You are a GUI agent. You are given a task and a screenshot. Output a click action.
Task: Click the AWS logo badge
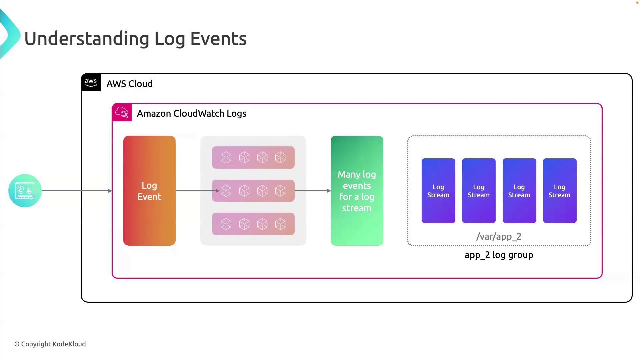pyautogui.click(x=91, y=82)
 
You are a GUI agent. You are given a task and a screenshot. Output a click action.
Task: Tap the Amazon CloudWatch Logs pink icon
pyautogui.click(x=122, y=113)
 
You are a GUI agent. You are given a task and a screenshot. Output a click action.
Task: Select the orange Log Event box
pyautogui.click(x=149, y=191)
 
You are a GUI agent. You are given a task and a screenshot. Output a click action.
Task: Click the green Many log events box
pyautogui.click(x=357, y=191)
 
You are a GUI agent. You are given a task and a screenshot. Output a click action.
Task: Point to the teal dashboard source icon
pyautogui.click(x=25, y=191)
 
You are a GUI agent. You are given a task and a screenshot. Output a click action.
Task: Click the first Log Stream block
pyautogui.click(x=438, y=191)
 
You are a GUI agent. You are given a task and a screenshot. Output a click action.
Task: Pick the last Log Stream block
pyautogui.click(x=560, y=191)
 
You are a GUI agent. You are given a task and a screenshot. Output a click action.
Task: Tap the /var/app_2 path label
pyautogui.click(x=499, y=237)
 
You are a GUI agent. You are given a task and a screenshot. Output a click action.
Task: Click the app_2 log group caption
pyautogui.click(x=499, y=255)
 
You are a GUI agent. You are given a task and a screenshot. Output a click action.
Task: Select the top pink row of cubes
pyautogui.click(x=253, y=157)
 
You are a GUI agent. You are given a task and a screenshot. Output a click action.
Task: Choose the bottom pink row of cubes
pyautogui.click(x=253, y=224)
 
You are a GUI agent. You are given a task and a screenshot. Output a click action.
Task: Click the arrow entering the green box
pyautogui.click(x=313, y=191)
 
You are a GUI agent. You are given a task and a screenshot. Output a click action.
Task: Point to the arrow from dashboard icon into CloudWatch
pyautogui.click(x=77, y=191)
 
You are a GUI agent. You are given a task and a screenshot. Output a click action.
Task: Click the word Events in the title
pyautogui.click(x=218, y=38)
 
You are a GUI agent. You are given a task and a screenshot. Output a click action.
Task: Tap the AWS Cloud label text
pyautogui.click(x=130, y=84)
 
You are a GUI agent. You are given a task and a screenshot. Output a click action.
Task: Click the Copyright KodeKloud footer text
pyautogui.click(x=50, y=344)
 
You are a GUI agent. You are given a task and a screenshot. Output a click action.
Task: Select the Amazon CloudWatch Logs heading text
pyautogui.click(x=192, y=113)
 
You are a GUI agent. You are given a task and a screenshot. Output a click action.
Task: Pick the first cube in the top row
pyautogui.click(x=226, y=157)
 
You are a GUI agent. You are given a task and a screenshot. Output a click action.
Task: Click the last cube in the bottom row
pyautogui.click(x=280, y=224)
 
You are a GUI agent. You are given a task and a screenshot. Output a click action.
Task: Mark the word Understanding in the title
pyautogui.click(x=87, y=38)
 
